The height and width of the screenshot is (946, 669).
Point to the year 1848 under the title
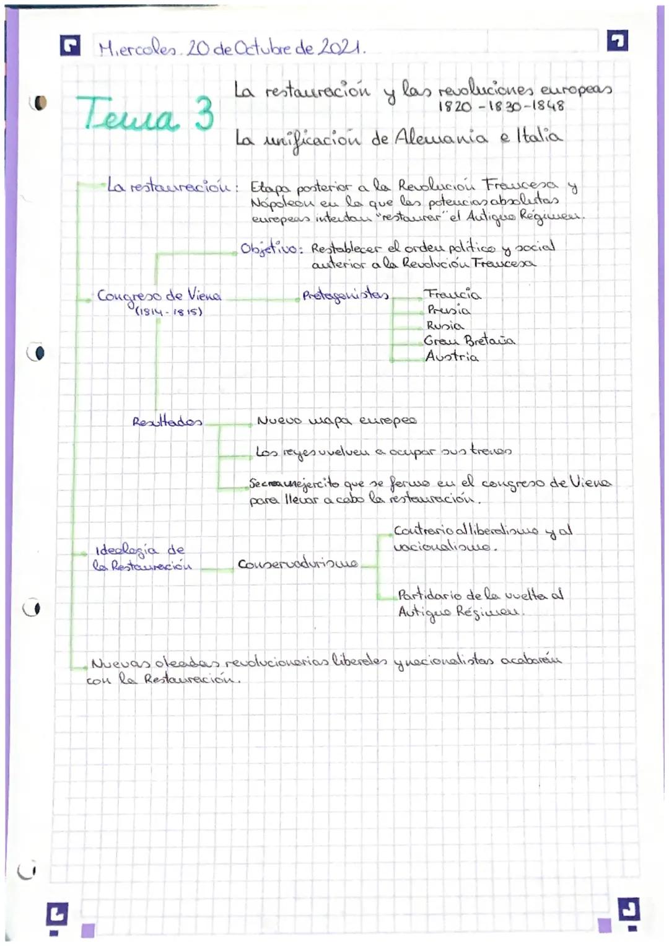click(548, 106)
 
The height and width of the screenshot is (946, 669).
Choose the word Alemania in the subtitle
click(440, 137)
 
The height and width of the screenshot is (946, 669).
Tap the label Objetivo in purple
click(271, 249)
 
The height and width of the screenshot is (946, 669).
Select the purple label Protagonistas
click(345, 295)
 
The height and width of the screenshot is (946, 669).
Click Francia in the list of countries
click(452, 294)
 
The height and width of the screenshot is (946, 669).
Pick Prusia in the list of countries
click(448, 310)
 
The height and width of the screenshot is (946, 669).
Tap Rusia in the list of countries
click(445, 325)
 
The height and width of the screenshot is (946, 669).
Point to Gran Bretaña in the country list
click(469, 340)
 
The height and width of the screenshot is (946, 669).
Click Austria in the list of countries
click(452, 356)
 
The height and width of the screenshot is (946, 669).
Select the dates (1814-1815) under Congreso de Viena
click(168, 311)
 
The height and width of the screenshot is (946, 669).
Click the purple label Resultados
click(167, 422)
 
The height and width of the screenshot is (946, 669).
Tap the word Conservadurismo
click(297, 564)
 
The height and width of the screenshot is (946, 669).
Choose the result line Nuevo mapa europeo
click(336, 421)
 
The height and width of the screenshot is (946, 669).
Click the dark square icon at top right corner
click(618, 42)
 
